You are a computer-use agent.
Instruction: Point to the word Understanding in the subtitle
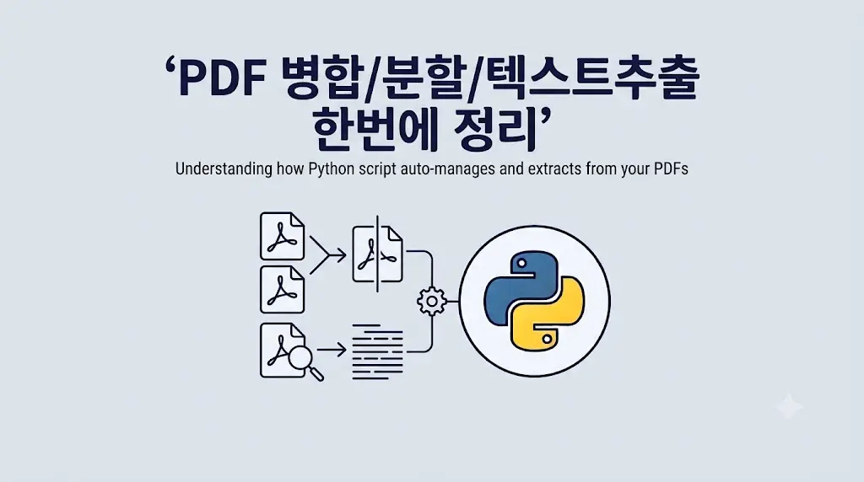[224, 169]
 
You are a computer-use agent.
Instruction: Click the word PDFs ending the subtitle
[671, 169]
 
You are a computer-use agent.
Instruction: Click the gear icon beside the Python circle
[431, 301]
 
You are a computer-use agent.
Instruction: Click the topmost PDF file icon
[282, 236]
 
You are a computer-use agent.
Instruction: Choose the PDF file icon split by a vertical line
[377, 254]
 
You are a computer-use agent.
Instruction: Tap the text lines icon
[377, 351]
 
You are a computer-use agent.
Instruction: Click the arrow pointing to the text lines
[331, 350]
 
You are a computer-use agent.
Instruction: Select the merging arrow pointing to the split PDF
[328, 254]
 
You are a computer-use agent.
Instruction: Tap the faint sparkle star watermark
[789, 407]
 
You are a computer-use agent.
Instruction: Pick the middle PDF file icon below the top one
[282, 289]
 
